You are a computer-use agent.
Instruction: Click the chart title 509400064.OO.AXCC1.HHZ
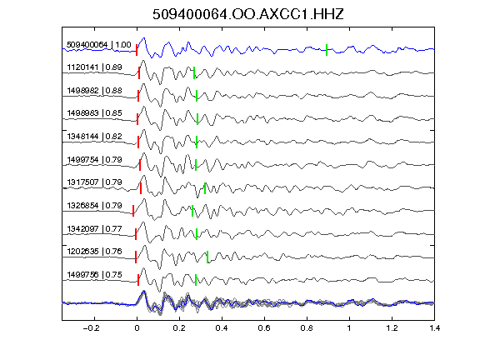tap(248, 14)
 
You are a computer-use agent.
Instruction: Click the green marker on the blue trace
tap(327, 50)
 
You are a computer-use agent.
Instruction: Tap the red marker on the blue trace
tap(137, 50)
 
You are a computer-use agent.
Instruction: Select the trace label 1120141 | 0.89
tap(95, 67)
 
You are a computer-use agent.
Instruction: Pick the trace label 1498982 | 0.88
tap(95, 91)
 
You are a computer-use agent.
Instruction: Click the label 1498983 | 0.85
tap(95, 113)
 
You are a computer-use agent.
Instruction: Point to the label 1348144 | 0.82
tap(95, 136)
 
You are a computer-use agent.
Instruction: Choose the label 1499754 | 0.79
tap(95, 160)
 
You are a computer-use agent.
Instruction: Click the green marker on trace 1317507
tap(205, 188)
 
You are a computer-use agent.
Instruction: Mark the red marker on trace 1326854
tap(133, 211)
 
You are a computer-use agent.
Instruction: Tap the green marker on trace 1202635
tap(207, 257)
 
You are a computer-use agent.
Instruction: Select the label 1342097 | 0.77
tap(95, 229)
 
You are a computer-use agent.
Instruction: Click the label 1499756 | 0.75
tap(95, 275)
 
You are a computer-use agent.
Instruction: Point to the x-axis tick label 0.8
tap(307, 328)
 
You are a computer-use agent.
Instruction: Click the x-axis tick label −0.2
tap(91, 328)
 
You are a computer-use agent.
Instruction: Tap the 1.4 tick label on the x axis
tap(434, 328)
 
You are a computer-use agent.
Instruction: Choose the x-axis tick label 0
tap(137, 328)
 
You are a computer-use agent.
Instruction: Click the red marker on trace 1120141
tap(139, 73)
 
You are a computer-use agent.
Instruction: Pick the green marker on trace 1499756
tap(196, 280)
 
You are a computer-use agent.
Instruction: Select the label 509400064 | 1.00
tap(99, 45)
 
